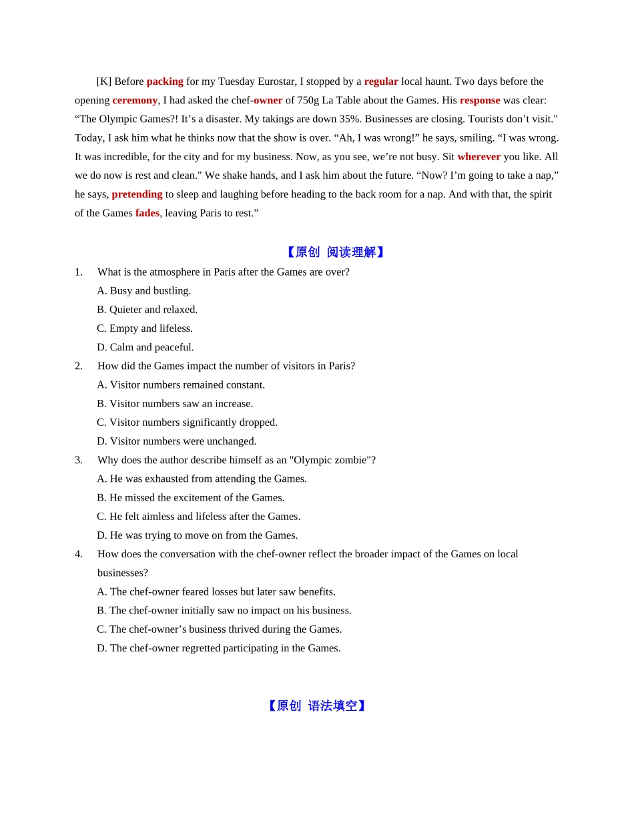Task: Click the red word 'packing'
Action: (165, 81)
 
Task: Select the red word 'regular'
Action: (381, 81)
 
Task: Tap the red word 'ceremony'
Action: (135, 100)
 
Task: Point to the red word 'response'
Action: (480, 100)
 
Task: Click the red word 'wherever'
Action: (479, 157)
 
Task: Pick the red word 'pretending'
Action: (137, 194)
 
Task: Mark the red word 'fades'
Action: (147, 213)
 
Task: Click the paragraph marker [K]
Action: (103, 81)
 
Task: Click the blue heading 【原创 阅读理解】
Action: (335, 252)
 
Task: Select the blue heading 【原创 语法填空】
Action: (316, 706)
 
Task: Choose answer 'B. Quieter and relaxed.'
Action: (147, 310)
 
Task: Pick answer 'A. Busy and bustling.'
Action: (143, 291)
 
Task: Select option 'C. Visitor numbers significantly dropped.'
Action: (187, 423)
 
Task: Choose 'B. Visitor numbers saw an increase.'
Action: (175, 404)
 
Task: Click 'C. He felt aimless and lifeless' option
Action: (198, 517)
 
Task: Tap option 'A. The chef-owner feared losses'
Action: (216, 592)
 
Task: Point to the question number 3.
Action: (79, 460)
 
